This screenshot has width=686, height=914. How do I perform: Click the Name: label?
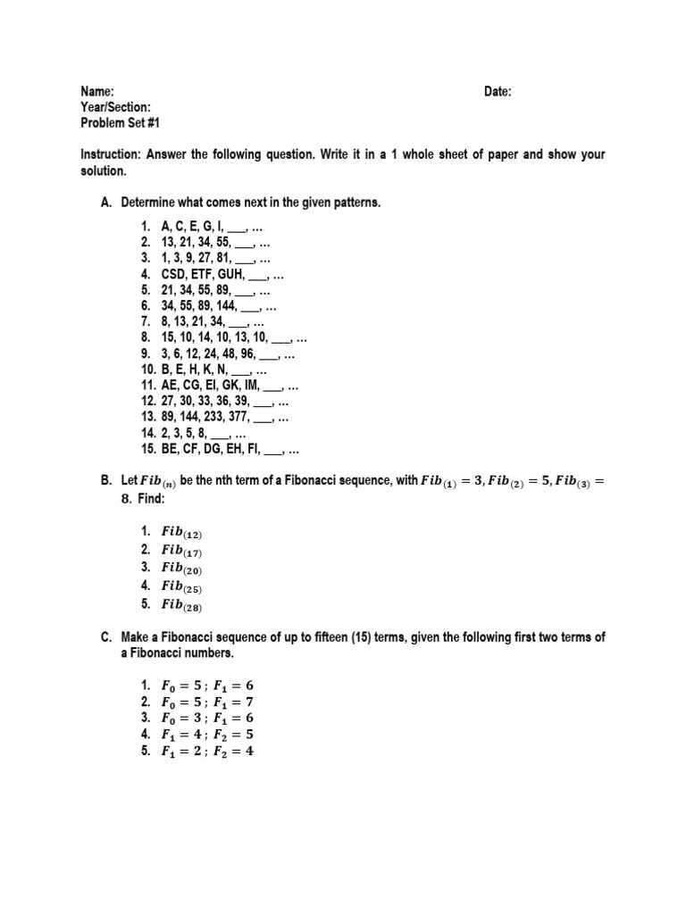(x=97, y=92)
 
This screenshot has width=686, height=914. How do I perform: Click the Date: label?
(x=498, y=92)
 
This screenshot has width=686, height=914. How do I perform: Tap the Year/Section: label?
(x=115, y=107)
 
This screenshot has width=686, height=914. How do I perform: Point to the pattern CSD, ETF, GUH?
(x=203, y=274)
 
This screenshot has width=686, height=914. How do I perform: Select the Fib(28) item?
(x=181, y=605)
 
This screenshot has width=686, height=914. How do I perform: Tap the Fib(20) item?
(x=181, y=569)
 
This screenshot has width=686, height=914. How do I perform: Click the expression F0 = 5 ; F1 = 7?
(x=213, y=702)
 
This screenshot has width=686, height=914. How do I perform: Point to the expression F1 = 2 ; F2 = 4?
(x=213, y=752)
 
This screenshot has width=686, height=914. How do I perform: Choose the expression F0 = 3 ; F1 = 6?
(x=213, y=719)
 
